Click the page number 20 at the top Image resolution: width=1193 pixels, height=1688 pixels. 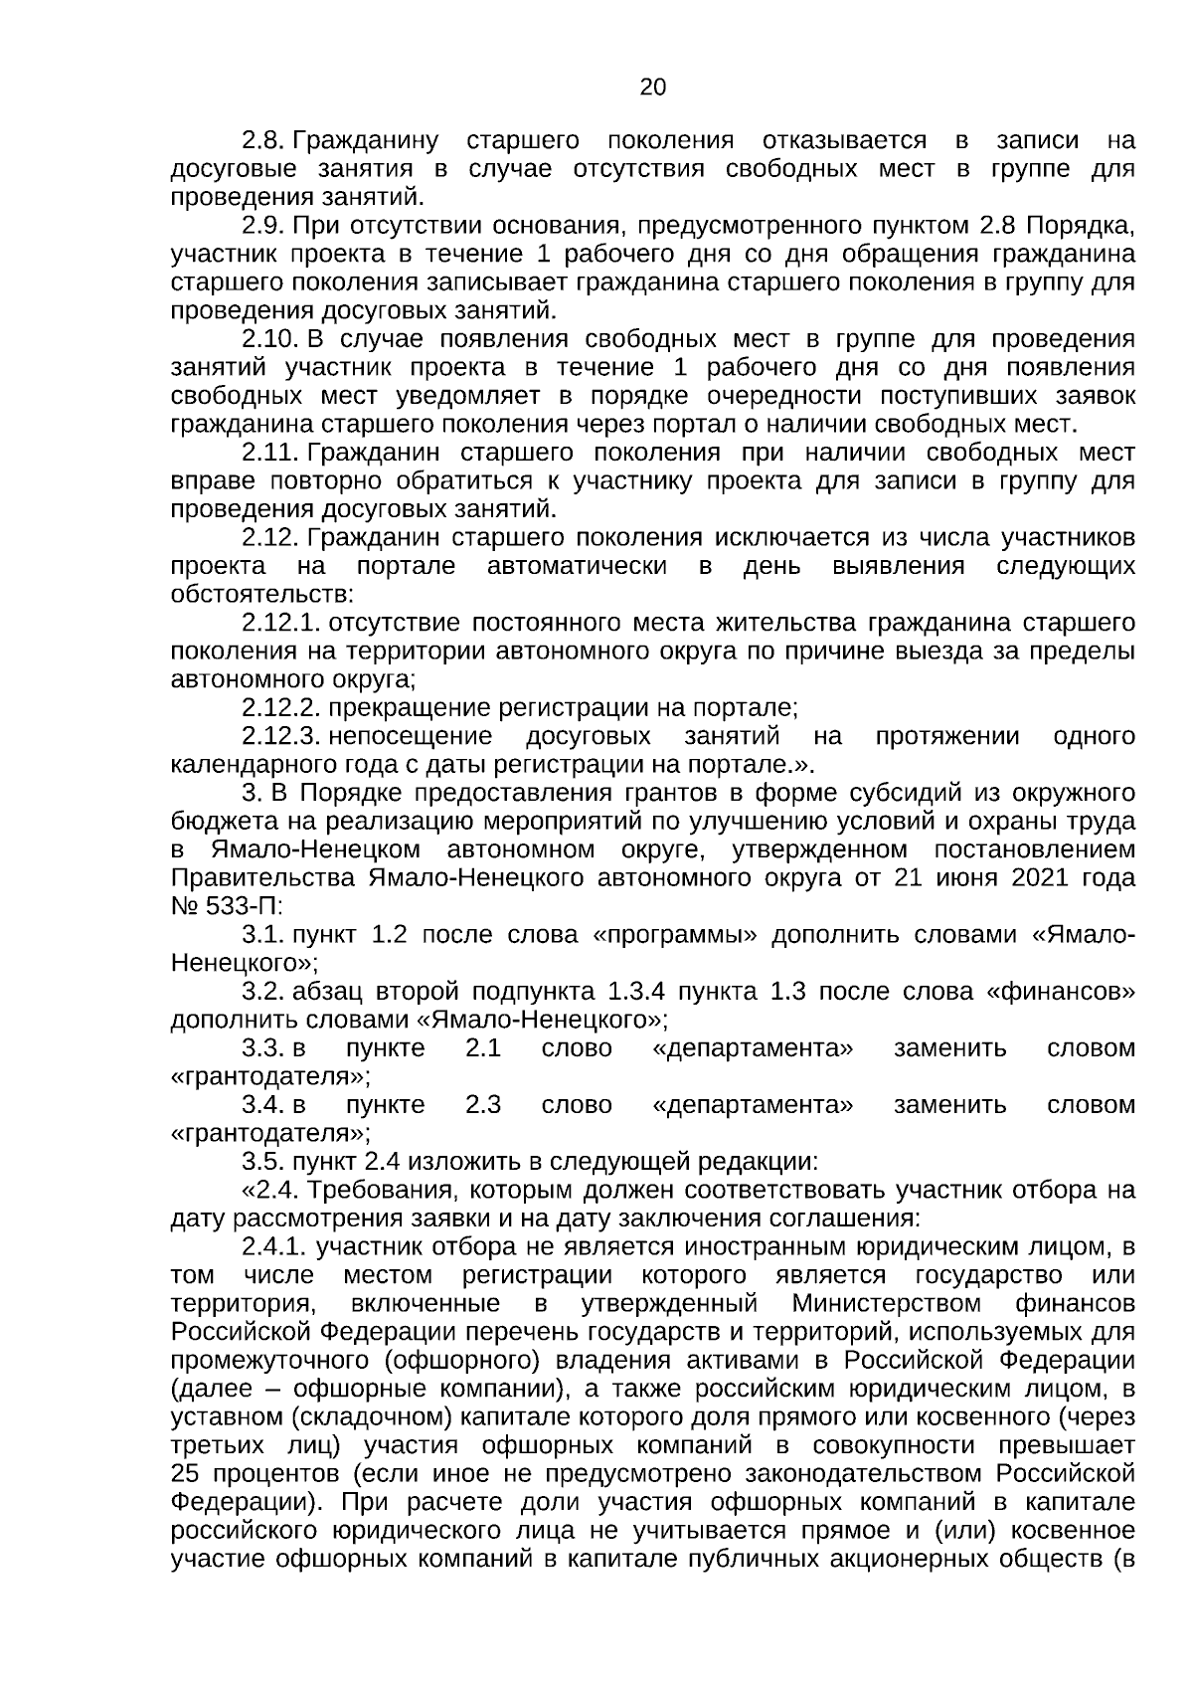coord(652,88)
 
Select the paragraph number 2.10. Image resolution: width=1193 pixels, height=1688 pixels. coord(270,339)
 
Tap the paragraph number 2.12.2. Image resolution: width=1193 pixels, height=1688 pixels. coord(279,708)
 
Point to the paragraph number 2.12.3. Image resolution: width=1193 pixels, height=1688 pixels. coord(279,737)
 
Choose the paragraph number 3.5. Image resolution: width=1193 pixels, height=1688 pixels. coord(262,1162)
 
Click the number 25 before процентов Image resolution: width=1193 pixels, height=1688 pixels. coord(185,1474)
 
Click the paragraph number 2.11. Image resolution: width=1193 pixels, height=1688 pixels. coord(270,454)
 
